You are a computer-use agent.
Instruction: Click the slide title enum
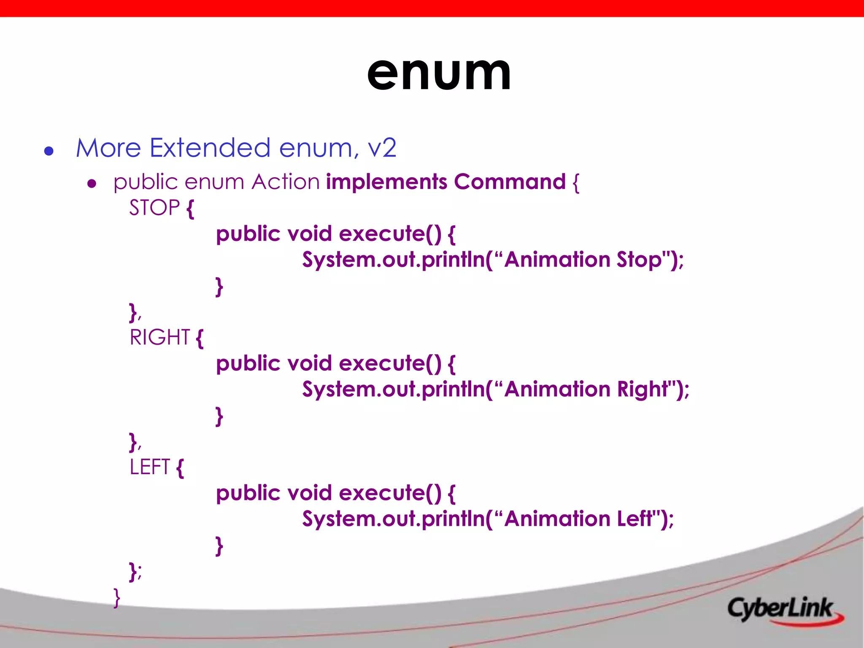(x=439, y=74)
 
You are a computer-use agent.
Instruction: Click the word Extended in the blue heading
(x=210, y=148)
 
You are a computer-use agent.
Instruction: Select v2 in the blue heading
(x=382, y=148)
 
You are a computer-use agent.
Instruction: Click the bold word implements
(x=386, y=182)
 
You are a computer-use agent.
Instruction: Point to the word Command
(x=510, y=182)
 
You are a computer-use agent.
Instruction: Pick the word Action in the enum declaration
(x=286, y=182)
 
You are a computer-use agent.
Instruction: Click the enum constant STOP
(x=154, y=208)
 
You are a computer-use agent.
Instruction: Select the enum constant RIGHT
(x=160, y=337)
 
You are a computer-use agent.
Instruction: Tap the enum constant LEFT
(x=150, y=467)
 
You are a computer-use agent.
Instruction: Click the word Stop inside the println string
(x=639, y=260)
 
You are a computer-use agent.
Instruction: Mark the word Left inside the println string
(x=635, y=519)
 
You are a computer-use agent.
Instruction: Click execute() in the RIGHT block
(x=390, y=363)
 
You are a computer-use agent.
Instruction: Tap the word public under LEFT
(x=248, y=493)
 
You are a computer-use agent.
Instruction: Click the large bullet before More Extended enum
(x=49, y=151)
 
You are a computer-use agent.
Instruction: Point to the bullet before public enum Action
(x=92, y=184)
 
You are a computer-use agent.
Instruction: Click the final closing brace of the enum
(x=117, y=598)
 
